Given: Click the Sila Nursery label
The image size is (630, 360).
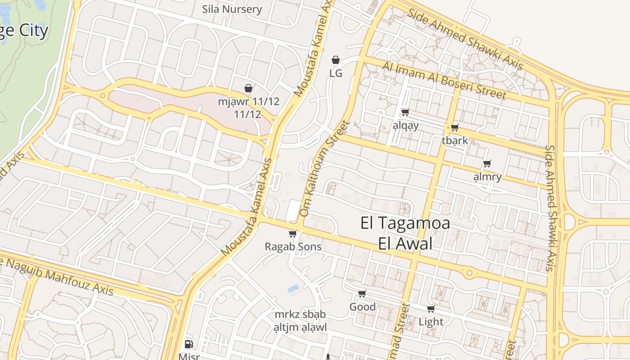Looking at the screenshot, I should click(232, 9).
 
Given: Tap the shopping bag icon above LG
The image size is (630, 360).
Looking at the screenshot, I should click(336, 60).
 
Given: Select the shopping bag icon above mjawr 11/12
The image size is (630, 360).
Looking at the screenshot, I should click(248, 88).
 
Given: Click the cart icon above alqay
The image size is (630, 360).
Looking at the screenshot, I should click(405, 112).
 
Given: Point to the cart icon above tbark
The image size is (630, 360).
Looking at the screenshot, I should click(454, 128).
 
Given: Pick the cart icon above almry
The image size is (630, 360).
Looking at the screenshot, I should click(487, 164).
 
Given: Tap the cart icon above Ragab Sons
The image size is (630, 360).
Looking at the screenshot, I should click(293, 234).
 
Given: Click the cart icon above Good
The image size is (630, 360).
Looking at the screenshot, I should click(362, 294).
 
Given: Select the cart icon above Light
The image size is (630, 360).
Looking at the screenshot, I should click(431, 309).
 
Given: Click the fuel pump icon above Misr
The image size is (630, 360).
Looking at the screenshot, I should click(189, 344).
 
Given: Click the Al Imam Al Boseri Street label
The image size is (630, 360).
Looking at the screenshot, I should click(444, 80).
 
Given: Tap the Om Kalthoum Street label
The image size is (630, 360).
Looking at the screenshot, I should click(324, 168).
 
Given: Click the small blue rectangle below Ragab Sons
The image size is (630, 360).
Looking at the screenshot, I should click(293, 288).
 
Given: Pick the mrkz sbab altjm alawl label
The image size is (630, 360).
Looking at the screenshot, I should click(300, 321).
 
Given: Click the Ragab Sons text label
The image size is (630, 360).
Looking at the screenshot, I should click(293, 247).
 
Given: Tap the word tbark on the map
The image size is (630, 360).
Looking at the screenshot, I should click(454, 140).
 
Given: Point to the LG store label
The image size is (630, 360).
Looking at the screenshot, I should click(336, 73).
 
